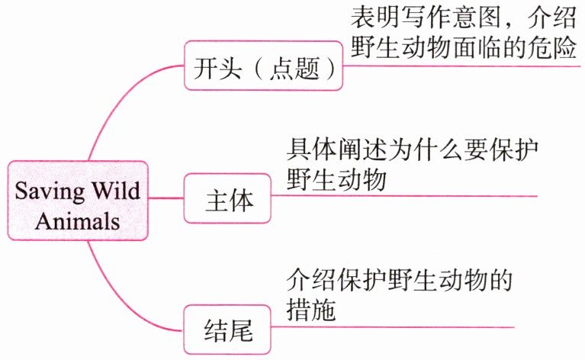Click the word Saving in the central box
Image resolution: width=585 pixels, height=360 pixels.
(50, 191)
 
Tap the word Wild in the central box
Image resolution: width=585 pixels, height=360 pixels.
(117, 190)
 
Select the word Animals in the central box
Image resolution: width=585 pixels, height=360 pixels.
(78, 221)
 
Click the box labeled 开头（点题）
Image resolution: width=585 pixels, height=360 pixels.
(263, 66)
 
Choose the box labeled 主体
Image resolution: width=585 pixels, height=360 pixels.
(227, 198)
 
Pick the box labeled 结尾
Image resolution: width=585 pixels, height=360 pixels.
(227, 329)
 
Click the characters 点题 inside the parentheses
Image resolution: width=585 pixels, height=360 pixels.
(294, 69)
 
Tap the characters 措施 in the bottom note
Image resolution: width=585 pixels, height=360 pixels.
(311, 310)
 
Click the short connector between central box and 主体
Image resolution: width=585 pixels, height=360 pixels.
(166, 198)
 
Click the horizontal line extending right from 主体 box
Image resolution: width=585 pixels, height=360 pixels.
(404, 196)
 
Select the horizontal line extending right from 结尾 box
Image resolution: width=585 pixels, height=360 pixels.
(393, 327)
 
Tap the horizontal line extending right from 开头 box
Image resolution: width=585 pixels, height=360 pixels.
(461, 66)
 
